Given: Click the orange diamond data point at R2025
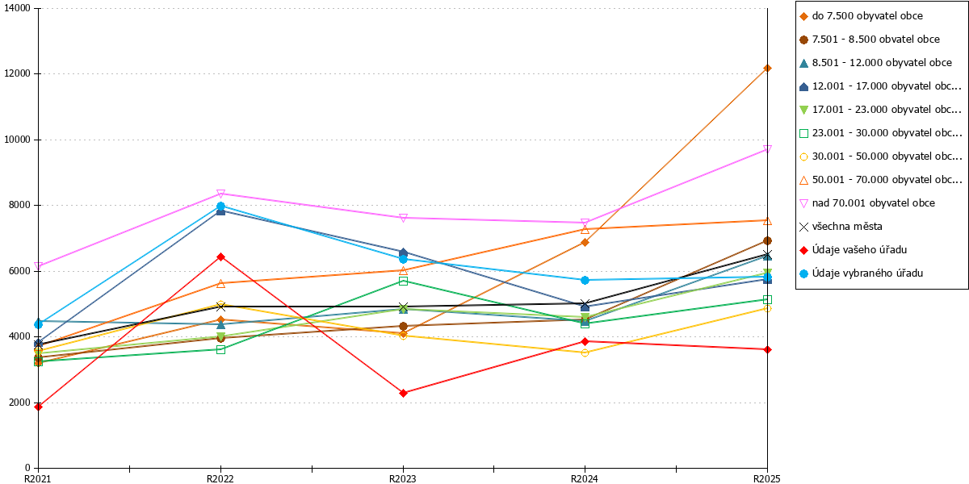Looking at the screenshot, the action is [767, 69].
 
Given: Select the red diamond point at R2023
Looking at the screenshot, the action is [403, 393].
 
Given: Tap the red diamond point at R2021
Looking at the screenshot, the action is [39, 407].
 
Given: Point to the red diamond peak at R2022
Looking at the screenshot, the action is [220, 257].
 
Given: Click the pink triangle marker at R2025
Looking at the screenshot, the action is [767, 149].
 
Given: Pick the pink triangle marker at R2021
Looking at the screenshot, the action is [39, 266].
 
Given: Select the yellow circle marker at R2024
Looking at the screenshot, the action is [585, 353].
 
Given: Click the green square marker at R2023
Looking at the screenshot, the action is [403, 282].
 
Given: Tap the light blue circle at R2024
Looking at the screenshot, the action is [585, 280].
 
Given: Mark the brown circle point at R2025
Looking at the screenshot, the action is [767, 240].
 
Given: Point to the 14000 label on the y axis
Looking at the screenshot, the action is [17, 8].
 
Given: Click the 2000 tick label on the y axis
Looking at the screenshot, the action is [19, 403].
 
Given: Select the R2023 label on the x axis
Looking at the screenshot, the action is [403, 478].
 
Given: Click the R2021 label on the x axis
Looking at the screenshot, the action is [38, 478].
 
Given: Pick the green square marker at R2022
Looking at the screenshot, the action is [220, 349].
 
